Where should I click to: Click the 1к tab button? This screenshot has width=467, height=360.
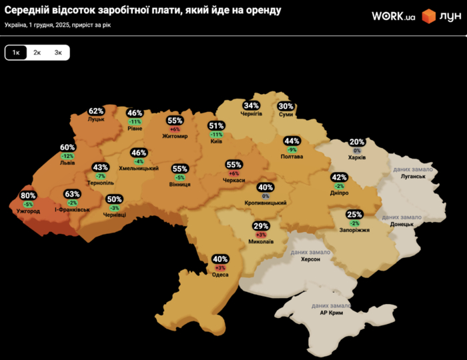[16, 53]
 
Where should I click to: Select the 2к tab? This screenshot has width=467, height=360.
[37, 53]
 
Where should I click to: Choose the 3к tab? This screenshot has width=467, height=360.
[58, 53]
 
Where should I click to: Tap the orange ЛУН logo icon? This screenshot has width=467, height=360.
[429, 17]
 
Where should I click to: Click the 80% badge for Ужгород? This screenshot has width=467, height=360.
[28, 195]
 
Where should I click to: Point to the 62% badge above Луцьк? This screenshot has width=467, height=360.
[97, 111]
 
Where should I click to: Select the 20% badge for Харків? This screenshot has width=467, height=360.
[357, 142]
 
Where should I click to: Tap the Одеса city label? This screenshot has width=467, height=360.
[220, 275]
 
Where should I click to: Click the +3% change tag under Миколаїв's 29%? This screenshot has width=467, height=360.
[261, 235]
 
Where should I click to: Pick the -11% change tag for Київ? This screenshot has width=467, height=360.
[216, 135]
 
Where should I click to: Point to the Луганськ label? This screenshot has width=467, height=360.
[409, 178]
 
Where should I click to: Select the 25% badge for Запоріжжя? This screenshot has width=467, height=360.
[354, 214]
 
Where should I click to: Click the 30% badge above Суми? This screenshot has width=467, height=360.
[286, 106]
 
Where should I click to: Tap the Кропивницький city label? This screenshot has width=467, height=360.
[266, 203]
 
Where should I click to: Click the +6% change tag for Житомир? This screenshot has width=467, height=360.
[175, 129]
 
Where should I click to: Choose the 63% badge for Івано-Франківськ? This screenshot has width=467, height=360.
[72, 194]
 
